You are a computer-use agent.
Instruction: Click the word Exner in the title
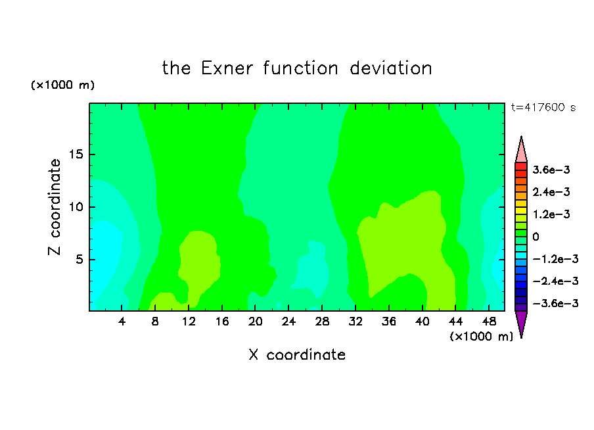point(227,68)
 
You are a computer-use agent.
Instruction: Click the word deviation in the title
point(390,68)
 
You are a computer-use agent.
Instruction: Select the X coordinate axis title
point(297,354)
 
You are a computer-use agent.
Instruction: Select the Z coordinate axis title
point(55,206)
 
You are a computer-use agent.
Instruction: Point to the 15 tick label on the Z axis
point(76,155)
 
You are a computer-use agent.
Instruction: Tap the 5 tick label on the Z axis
point(79,259)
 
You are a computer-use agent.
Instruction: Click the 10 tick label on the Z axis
point(76,207)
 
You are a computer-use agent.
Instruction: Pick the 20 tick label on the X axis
point(256,322)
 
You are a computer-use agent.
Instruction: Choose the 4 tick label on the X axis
point(122,322)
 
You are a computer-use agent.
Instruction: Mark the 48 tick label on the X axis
point(489,322)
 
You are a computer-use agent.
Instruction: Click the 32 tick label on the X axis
point(355,322)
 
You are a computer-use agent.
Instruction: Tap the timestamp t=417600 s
point(543,107)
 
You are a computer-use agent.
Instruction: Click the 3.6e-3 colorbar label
point(551,170)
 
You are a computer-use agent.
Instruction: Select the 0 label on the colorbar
point(536,237)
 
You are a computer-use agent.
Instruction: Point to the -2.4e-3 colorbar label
point(555,281)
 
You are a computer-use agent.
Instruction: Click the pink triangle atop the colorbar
point(521,151)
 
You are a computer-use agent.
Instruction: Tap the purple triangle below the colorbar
point(521,322)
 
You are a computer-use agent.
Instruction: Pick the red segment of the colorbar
point(521,166)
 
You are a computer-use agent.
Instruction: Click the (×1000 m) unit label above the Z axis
point(62,85)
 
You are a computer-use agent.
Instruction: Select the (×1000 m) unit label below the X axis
point(481,337)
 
